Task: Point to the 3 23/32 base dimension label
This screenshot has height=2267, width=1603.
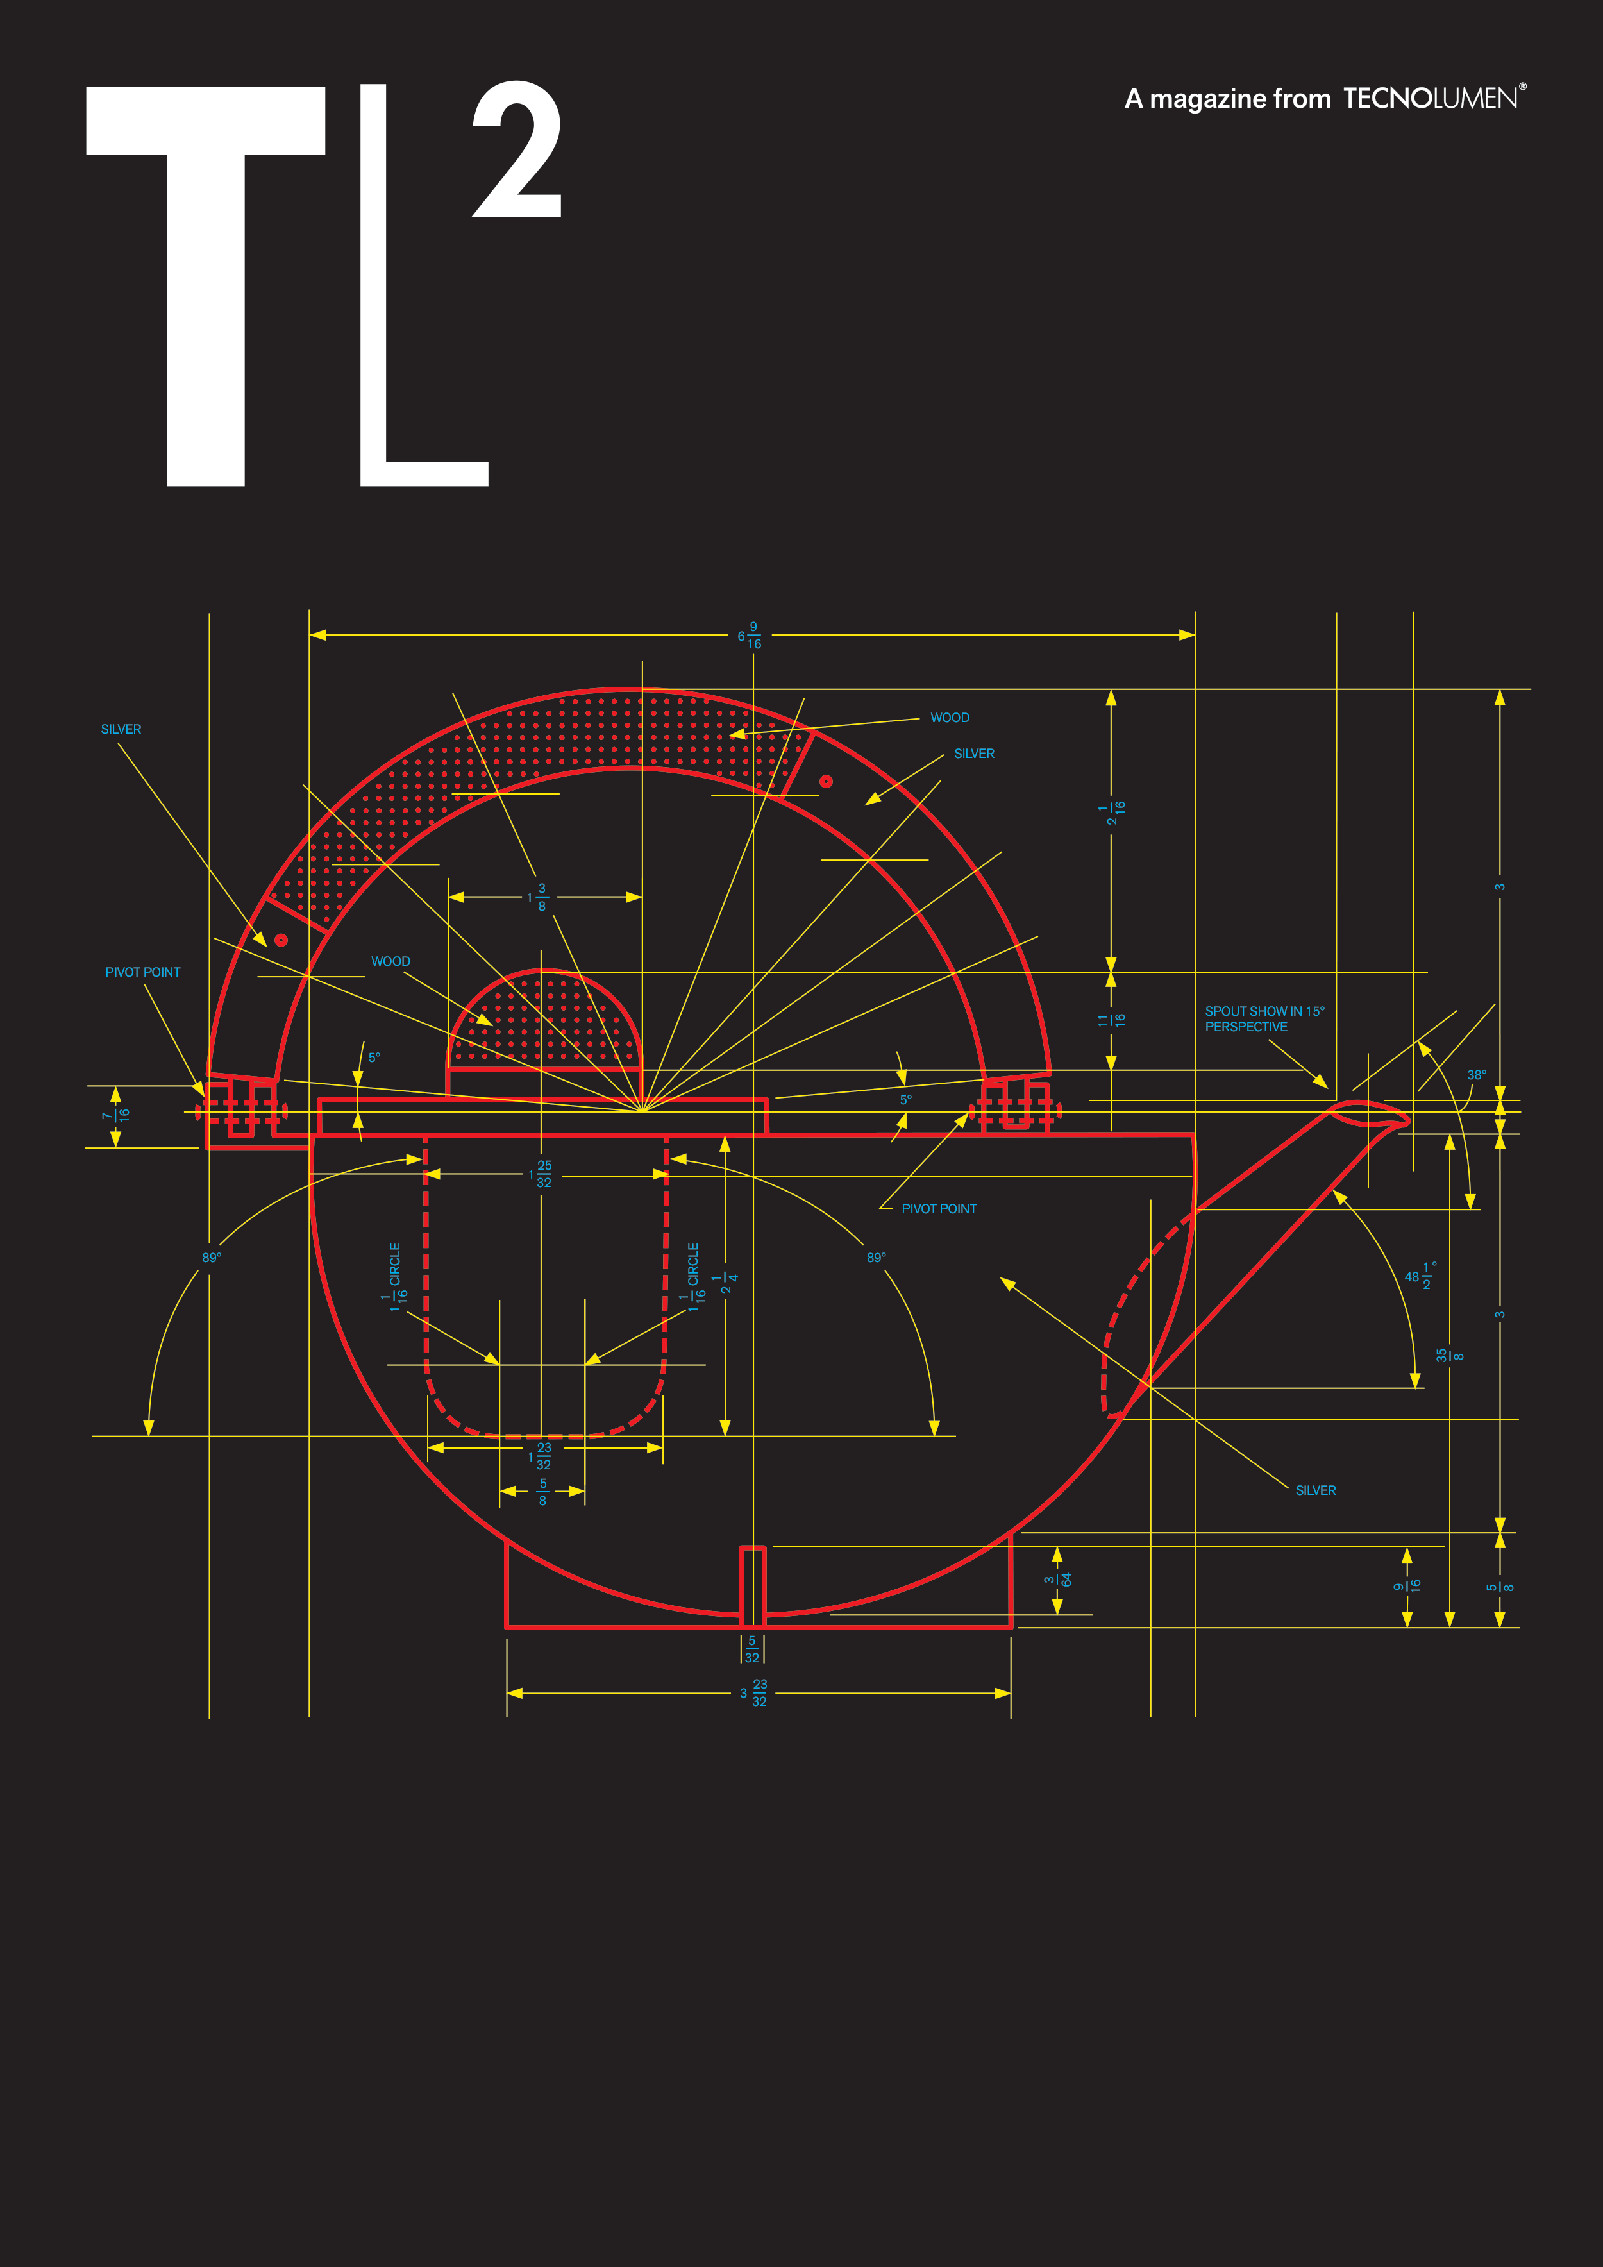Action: pos(753,1692)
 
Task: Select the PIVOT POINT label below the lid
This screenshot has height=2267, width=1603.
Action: pos(939,1209)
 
